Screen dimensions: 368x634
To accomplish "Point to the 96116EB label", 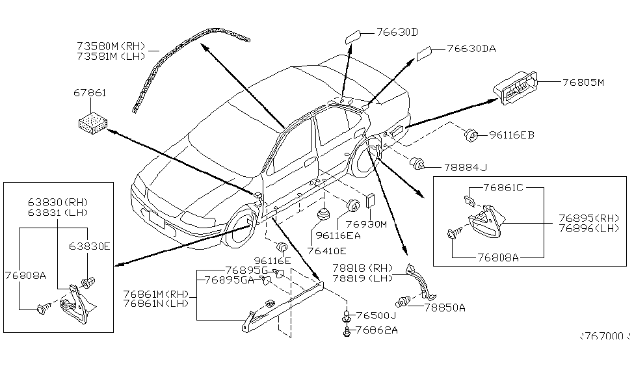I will coord(512,135).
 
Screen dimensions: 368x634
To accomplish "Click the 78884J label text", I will coord(465,166).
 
